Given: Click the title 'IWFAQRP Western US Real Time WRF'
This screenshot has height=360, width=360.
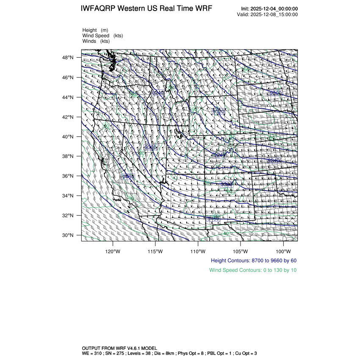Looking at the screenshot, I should [x=146, y=9].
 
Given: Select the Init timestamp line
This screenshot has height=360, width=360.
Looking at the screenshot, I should [x=269, y=9].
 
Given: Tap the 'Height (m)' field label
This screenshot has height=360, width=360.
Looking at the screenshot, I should [x=95, y=30].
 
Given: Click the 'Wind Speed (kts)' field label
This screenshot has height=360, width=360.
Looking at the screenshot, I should [x=102, y=36].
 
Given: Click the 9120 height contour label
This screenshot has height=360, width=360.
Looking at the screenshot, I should [x=219, y=111].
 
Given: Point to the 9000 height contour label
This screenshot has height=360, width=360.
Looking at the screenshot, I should [x=275, y=93].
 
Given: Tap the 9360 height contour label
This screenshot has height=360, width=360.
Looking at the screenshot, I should [x=150, y=147].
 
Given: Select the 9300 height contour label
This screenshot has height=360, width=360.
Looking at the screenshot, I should [x=227, y=185].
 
